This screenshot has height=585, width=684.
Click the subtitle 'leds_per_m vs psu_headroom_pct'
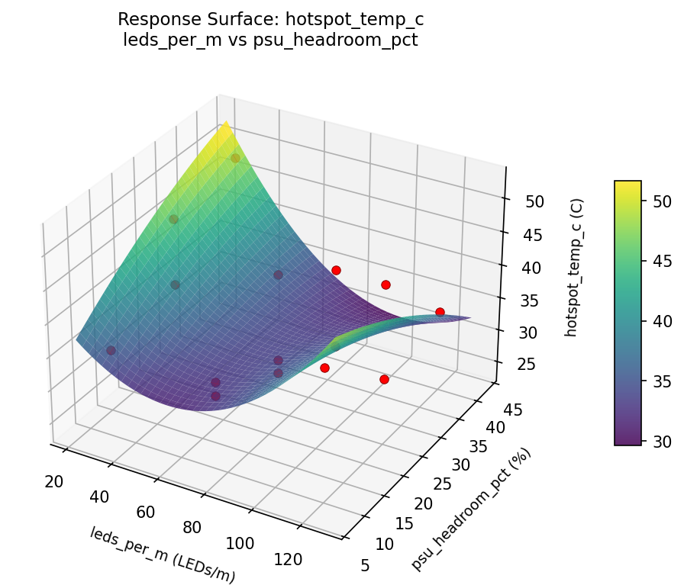[270, 40]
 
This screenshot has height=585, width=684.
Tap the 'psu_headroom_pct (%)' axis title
[471, 509]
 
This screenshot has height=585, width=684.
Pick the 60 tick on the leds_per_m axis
[145, 513]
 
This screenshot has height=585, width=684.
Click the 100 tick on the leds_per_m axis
[240, 545]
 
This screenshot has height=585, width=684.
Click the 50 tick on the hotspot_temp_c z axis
[534, 201]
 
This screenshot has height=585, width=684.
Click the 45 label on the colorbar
[662, 262]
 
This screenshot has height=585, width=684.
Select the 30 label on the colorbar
[662, 441]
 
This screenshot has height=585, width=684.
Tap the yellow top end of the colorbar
[628, 185]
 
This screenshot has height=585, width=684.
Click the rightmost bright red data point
[440, 312]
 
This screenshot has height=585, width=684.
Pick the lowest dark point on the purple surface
[215, 396]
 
